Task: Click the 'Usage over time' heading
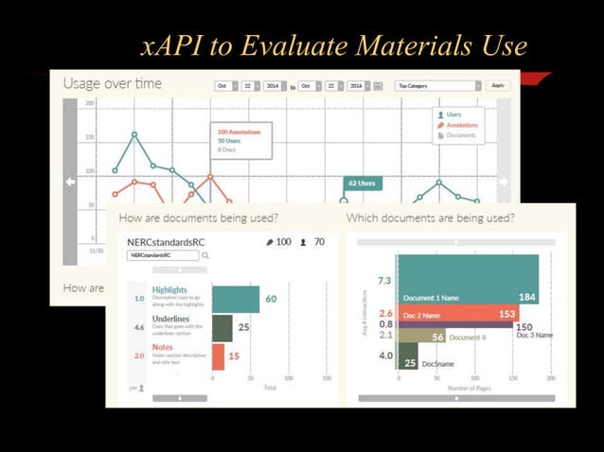click(113, 84)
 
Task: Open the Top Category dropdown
click(437, 86)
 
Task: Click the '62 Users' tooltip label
click(363, 183)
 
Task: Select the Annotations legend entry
click(462, 125)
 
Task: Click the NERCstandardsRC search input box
click(162, 255)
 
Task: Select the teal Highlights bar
click(235, 300)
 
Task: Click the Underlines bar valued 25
click(222, 328)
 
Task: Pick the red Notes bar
click(218, 356)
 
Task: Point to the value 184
click(527, 298)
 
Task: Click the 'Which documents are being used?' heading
click(431, 218)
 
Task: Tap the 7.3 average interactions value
click(384, 281)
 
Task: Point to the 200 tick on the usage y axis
click(90, 103)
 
